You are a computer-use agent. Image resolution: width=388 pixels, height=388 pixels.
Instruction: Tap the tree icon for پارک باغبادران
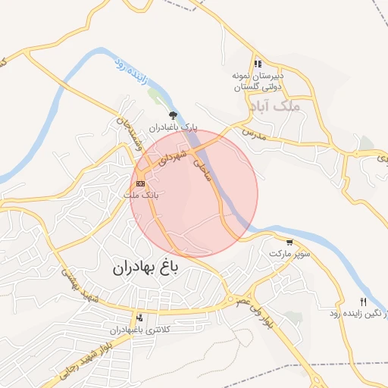[174, 115]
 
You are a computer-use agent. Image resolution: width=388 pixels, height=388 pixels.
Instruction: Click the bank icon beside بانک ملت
[140, 183]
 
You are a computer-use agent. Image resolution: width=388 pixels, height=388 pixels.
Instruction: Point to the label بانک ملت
[142, 195]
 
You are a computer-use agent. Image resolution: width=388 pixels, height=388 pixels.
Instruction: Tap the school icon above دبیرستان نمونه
[258, 64]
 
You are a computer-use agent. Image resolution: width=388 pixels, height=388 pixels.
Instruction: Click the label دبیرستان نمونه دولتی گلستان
[258, 82]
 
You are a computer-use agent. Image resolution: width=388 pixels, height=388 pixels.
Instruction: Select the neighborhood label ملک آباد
[299, 108]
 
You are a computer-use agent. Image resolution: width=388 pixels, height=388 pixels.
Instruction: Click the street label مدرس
[252, 133]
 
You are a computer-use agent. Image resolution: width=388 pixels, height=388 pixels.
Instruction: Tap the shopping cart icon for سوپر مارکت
[289, 242]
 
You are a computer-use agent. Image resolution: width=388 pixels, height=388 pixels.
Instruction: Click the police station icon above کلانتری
[139, 318]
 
